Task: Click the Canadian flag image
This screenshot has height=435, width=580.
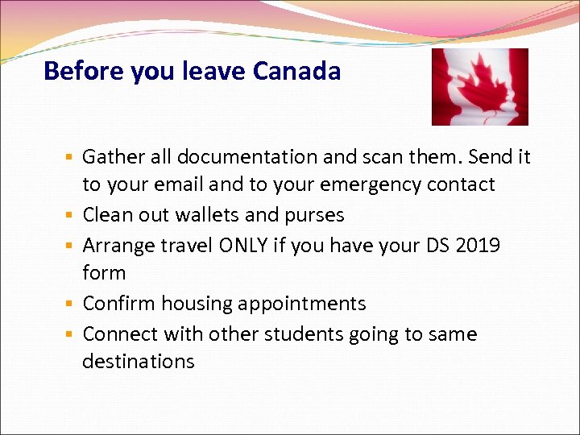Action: point(479,86)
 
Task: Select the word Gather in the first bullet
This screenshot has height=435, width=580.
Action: point(112,156)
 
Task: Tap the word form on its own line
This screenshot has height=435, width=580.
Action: point(104,273)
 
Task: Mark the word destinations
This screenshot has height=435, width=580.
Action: point(139,362)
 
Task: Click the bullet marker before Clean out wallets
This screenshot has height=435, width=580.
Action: point(71,215)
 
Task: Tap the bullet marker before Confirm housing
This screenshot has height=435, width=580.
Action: point(71,304)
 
